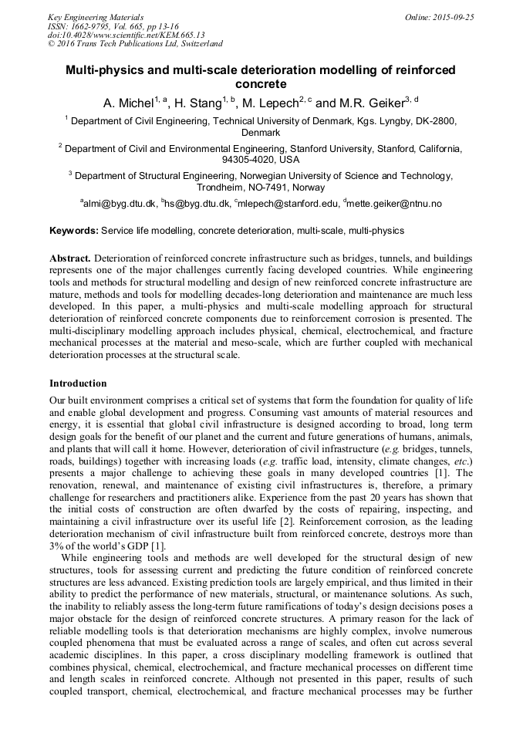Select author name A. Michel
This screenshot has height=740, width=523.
[x=128, y=103]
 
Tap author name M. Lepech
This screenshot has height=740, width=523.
[x=269, y=103]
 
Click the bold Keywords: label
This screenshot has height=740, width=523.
[x=74, y=231]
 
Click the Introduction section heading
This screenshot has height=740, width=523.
[x=78, y=384]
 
